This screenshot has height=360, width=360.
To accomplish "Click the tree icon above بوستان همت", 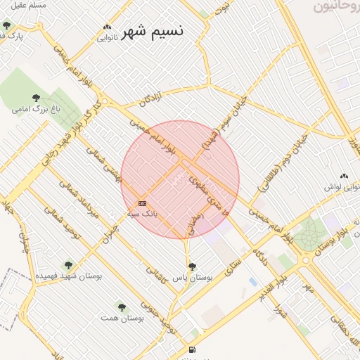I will pyautogui.click(x=122, y=307).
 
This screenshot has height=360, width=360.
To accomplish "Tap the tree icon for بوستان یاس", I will pyautogui.click(x=192, y=266).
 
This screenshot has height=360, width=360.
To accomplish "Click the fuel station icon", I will pyautogui.click(x=191, y=349).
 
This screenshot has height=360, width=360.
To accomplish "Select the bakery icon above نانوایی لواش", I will pyautogui.click(x=344, y=176).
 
